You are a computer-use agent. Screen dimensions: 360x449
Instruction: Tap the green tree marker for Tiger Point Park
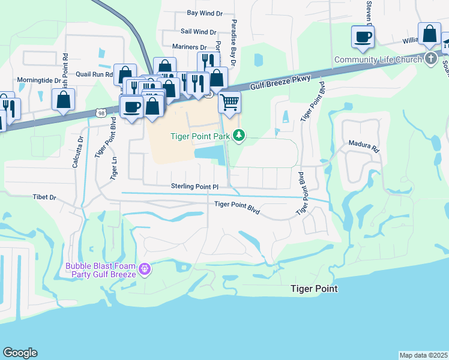pyautogui.click(x=240, y=135)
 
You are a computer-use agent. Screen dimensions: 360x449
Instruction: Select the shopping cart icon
pyautogui.click(x=229, y=103)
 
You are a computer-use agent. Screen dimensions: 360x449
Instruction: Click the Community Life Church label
pyautogui.click(x=379, y=59)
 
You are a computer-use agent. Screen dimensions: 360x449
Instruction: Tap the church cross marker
pyautogui.click(x=430, y=59)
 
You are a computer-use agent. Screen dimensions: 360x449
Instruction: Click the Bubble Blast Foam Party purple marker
pyautogui.click(x=143, y=269)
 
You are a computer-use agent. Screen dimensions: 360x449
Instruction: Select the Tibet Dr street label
pyautogui.click(x=44, y=197)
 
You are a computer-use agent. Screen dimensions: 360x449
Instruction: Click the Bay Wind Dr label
pyautogui.click(x=205, y=12)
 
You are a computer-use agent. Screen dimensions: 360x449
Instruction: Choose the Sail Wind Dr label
pyautogui.click(x=198, y=32)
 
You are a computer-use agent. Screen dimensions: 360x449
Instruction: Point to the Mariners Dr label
pyautogui.click(x=189, y=47)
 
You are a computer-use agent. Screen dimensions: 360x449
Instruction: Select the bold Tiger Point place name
pyautogui.click(x=313, y=289)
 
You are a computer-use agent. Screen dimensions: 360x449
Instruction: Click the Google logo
pyautogui.click(x=20, y=353)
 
